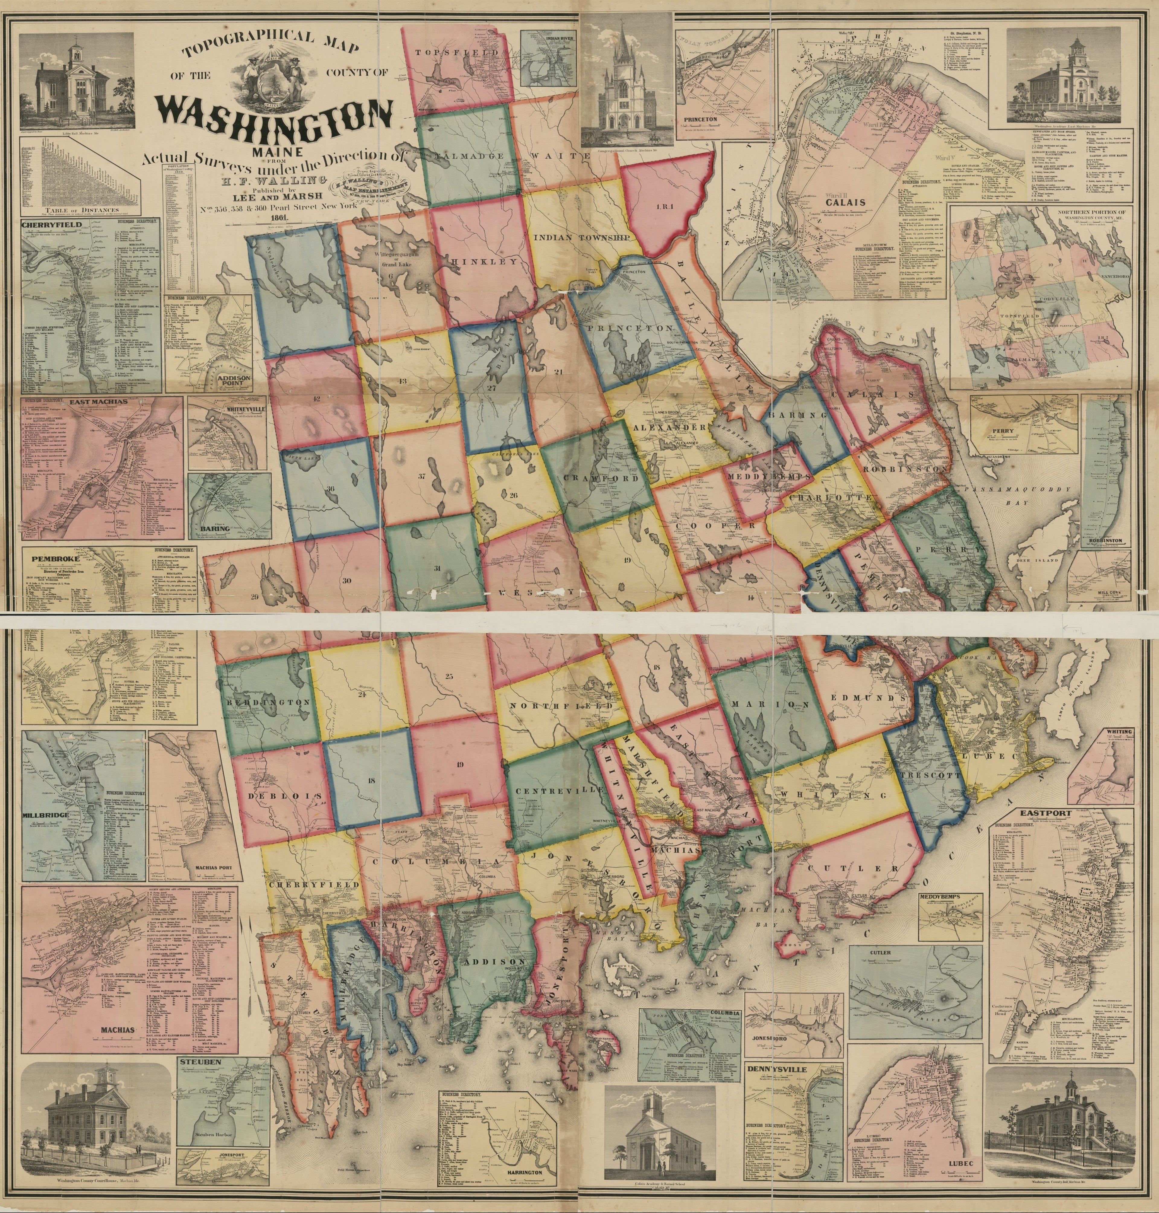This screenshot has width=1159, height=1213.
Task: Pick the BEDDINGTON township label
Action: coord(268,703)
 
